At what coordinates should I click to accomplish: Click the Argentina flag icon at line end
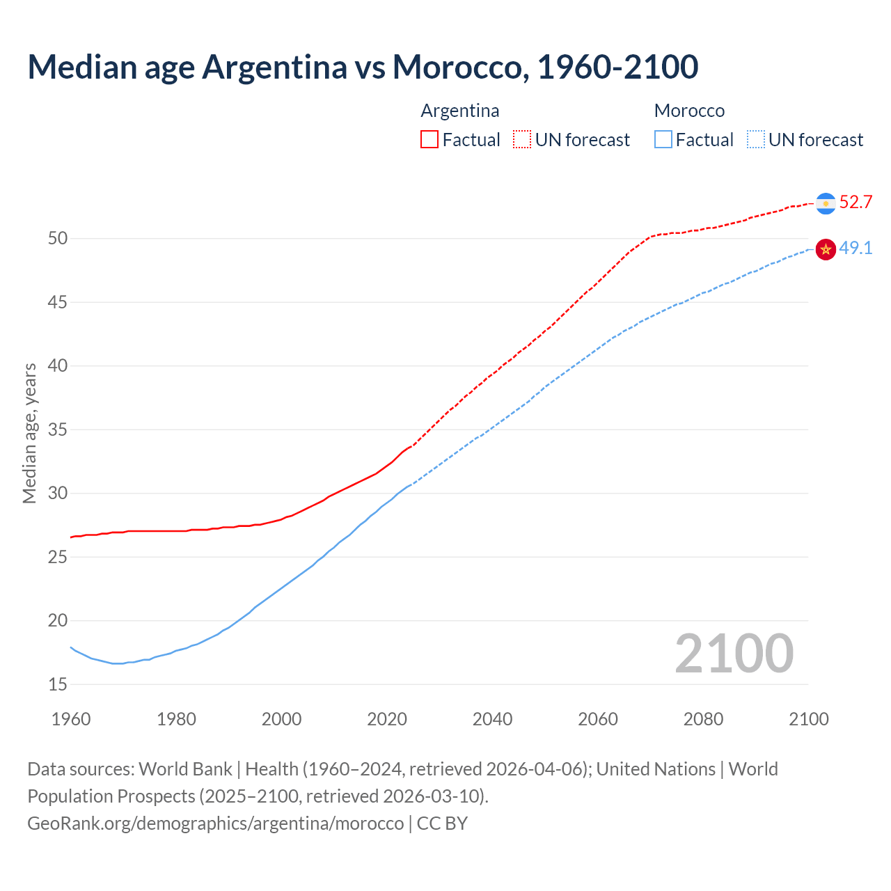tap(826, 203)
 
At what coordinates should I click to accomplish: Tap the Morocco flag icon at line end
tap(826, 249)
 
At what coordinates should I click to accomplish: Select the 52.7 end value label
tap(855, 203)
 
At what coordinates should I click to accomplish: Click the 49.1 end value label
tap(855, 249)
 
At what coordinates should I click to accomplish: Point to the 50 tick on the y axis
tap(58, 239)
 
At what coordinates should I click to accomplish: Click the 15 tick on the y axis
tap(58, 684)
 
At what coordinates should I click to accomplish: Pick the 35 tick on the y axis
tap(58, 429)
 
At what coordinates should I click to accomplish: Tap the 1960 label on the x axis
tap(71, 719)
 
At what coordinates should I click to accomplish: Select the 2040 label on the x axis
tap(492, 719)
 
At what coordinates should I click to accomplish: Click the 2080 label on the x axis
tap(703, 719)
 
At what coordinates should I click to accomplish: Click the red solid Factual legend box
tap(429, 140)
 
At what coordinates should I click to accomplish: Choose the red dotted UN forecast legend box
tap(522, 140)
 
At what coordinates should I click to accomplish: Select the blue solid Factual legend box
tap(663, 140)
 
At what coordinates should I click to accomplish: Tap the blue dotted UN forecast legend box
tap(755, 140)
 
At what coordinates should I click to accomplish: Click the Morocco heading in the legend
tap(689, 111)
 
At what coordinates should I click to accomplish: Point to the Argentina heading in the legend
tap(460, 111)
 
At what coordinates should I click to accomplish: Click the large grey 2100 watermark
tap(734, 653)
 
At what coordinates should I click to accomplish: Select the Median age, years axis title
tap(29, 433)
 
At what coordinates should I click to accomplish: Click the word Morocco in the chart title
tap(456, 67)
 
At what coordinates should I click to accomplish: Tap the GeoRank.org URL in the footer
tap(215, 823)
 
